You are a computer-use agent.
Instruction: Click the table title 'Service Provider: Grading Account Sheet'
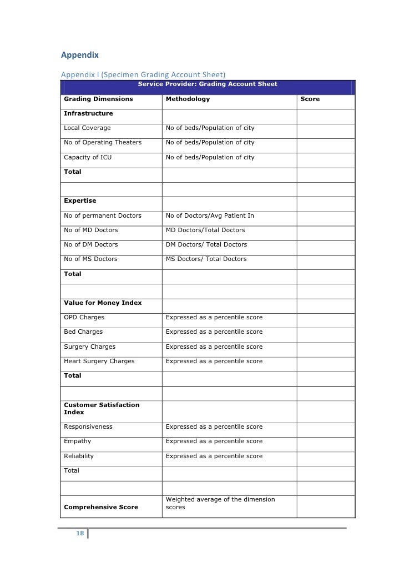tap(208, 84)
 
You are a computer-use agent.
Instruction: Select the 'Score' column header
tap(310, 99)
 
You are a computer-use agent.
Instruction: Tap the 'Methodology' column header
tap(188, 99)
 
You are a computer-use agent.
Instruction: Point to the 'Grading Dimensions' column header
tap(98, 99)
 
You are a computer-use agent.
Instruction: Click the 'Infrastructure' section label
tap(88, 113)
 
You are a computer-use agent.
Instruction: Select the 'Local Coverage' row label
tap(87, 128)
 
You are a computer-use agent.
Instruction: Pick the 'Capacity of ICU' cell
tap(88, 157)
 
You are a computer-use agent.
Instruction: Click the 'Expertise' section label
tap(80, 200)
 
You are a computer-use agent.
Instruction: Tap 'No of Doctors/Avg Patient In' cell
tap(210, 215)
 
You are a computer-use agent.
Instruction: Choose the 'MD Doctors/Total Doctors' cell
tap(205, 230)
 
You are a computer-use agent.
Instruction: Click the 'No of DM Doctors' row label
tap(91, 244)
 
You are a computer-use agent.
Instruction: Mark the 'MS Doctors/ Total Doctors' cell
tap(206, 259)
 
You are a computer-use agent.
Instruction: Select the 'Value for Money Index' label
tap(103, 303)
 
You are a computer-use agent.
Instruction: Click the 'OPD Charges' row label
tap(84, 317)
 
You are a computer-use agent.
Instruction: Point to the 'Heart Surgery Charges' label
tap(99, 361)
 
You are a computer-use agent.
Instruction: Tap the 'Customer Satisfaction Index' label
tap(102, 409)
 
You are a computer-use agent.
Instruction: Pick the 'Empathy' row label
tap(78, 441)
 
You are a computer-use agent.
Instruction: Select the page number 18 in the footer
tap(80, 534)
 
